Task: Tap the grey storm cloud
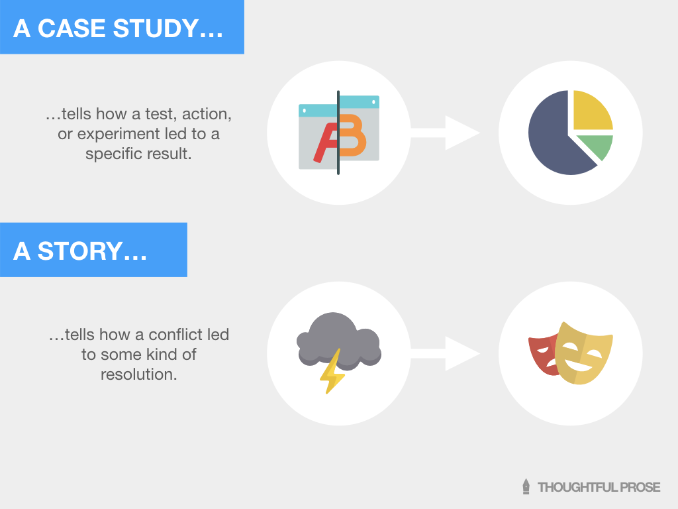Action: (338, 338)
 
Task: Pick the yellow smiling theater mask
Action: (583, 355)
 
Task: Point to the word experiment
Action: (117, 134)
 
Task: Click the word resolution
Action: (139, 374)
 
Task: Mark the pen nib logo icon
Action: (526, 487)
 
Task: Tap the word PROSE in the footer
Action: (639, 487)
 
